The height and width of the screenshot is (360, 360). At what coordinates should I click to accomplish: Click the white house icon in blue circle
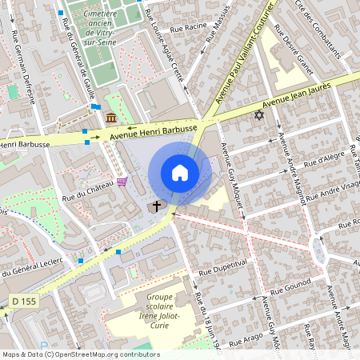click(x=180, y=173)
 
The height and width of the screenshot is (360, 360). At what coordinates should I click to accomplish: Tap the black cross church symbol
click(x=156, y=206)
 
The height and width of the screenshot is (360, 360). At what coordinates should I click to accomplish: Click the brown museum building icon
click(x=110, y=118)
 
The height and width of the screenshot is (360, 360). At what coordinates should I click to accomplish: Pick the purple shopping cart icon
click(x=121, y=182)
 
